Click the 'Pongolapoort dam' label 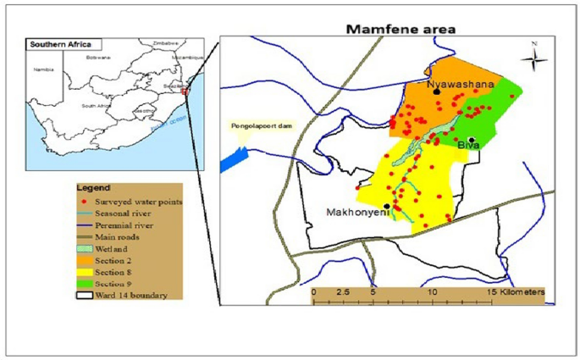(x=262, y=126)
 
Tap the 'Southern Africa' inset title (x=58, y=44)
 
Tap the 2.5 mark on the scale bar (x=344, y=291)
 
